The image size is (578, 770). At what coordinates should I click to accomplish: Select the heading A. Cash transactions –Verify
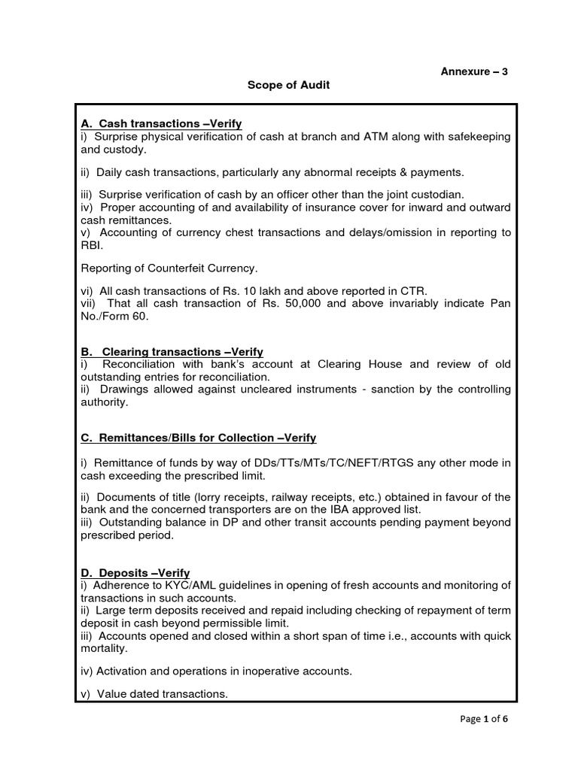tap(161, 123)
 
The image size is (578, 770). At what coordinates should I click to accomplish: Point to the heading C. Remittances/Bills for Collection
tap(198, 438)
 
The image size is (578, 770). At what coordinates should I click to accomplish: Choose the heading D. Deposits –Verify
tap(135, 573)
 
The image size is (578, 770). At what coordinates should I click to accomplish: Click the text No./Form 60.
tap(115, 316)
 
